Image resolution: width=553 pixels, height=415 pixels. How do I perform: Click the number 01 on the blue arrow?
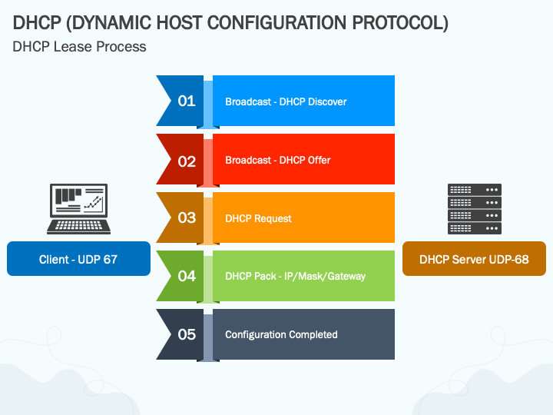(x=187, y=101)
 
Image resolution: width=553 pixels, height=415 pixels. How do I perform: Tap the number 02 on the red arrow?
(x=187, y=161)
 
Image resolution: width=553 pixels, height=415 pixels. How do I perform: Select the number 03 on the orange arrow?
(x=187, y=217)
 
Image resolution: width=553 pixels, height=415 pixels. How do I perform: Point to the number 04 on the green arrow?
(x=187, y=276)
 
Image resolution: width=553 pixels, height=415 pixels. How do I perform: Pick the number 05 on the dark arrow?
(x=187, y=334)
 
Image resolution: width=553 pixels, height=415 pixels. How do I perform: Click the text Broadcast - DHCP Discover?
(x=286, y=101)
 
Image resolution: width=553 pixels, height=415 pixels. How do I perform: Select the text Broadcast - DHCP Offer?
(x=278, y=160)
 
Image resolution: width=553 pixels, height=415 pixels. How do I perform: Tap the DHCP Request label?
(x=258, y=219)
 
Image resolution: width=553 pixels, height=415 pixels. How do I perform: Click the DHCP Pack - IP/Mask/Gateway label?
(x=295, y=276)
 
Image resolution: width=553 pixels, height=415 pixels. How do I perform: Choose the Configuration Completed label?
(x=281, y=334)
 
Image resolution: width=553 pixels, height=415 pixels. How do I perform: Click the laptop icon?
(x=78, y=208)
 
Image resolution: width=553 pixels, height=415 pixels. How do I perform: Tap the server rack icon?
(x=475, y=208)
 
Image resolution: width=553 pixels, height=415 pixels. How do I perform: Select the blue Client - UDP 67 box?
(x=78, y=259)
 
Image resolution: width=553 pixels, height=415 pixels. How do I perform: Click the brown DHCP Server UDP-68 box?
(x=474, y=259)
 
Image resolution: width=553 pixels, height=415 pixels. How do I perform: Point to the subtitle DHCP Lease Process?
(x=79, y=47)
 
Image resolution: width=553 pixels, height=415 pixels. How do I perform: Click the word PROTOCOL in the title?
(x=400, y=23)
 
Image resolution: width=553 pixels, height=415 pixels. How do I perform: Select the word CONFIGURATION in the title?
(x=276, y=23)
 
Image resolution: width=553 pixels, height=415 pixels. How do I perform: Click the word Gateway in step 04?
(x=346, y=276)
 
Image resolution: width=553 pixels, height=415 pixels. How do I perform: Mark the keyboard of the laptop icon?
(x=78, y=226)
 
